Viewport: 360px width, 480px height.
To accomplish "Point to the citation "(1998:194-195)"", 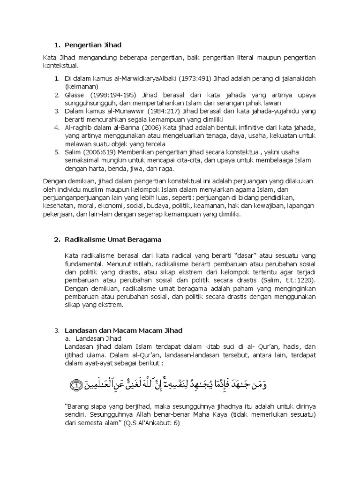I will point(111,95).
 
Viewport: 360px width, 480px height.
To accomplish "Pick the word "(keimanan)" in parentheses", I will point(82,87).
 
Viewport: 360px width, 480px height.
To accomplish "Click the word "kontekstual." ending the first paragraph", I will point(61,66).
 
